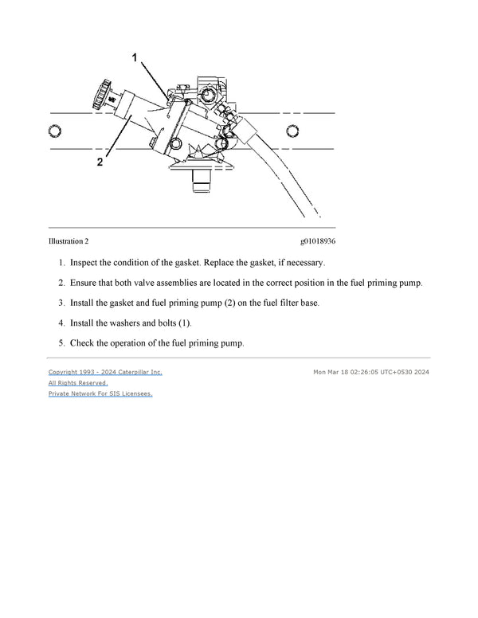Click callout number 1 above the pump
pos(135,58)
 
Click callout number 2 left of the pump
pos(100,162)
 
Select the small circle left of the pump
pos(55,130)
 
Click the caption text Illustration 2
pos(69,241)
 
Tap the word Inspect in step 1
pos(86,262)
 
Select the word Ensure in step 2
pos(86,283)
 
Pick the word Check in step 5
pos(84,343)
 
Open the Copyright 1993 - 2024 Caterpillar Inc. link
pos(105,372)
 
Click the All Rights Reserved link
pos(78,383)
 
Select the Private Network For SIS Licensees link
pos(100,393)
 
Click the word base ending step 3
pos(308,303)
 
